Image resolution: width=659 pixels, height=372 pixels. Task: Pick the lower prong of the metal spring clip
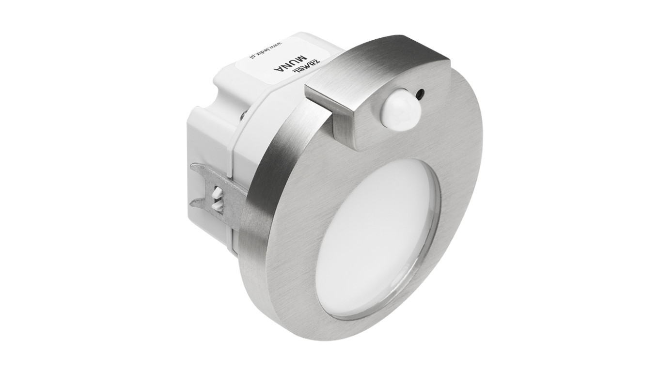point(204,199)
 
